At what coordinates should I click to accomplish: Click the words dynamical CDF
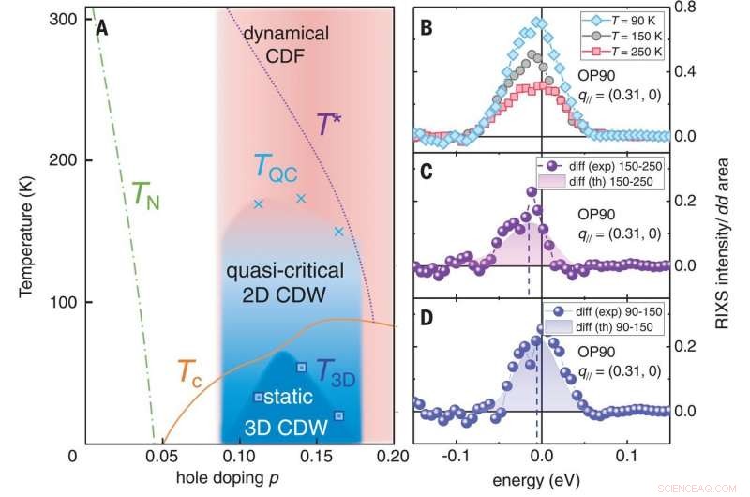(x=286, y=44)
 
